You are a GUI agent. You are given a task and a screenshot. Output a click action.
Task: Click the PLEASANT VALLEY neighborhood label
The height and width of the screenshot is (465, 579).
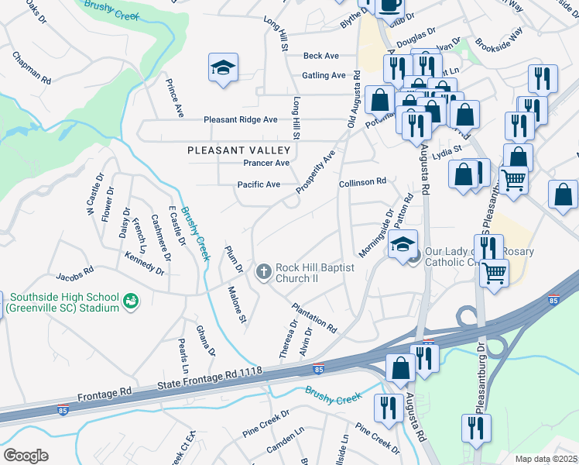pos(238,150)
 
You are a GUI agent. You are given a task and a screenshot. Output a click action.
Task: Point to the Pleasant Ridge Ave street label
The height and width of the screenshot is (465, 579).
pos(240,120)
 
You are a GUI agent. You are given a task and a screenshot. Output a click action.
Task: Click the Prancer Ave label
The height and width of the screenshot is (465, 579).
pos(266,164)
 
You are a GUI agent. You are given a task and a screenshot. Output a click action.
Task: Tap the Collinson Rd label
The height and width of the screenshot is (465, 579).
pos(362,182)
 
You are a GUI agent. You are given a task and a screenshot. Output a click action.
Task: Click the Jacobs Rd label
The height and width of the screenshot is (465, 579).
pos(74,274)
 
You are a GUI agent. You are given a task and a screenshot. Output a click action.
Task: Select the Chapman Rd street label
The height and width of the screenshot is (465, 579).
pos(32,68)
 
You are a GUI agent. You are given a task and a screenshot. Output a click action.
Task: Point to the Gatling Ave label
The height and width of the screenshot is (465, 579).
pos(324,75)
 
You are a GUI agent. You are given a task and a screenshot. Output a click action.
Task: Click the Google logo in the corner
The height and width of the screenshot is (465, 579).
pos(26,456)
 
